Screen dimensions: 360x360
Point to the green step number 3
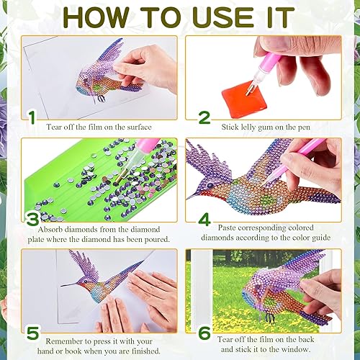point(30,220)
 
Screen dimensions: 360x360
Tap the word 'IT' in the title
point(274,17)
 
